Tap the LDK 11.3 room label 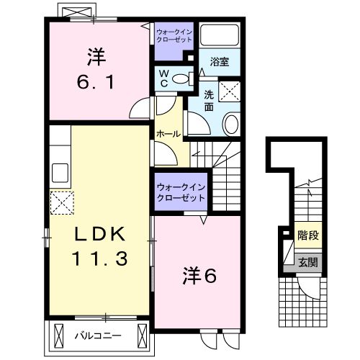click(101, 246)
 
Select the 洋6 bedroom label click(196, 274)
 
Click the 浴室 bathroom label click(220, 63)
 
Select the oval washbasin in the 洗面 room click(232, 124)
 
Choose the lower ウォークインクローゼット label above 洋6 click(181, 192)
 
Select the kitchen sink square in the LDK click(60, 174)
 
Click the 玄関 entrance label click(309, 263)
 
